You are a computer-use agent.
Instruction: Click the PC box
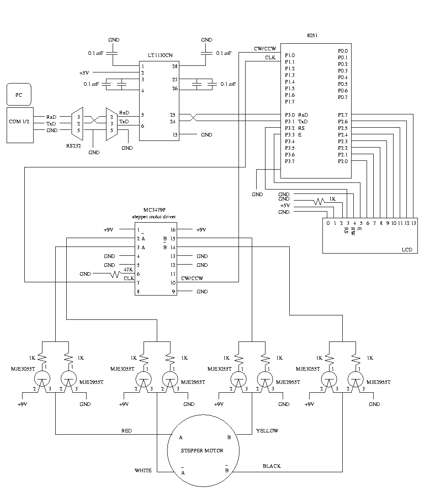(18, 95)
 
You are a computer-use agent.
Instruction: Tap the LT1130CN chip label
(160, 55)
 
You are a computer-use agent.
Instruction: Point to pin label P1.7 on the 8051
(290, 102)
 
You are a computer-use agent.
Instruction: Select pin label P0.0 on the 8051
(343, 50)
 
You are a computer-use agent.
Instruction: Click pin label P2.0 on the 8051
(343, 161)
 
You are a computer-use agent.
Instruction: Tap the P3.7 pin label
(290, 161)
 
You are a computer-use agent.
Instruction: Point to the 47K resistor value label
(128, 269)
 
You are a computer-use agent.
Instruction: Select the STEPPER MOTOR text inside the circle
(202, 451)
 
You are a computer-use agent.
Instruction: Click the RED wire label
(126, 431)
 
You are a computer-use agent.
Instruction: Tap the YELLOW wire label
(267, 431)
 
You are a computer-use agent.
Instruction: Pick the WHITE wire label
(143, 470)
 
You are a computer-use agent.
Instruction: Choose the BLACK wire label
(272, 466)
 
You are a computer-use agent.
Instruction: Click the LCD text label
(407, 250)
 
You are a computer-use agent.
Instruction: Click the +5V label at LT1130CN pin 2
(84, 73)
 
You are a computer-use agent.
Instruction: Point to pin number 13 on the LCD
(413, 223)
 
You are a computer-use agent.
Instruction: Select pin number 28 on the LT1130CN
(174, 66)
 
